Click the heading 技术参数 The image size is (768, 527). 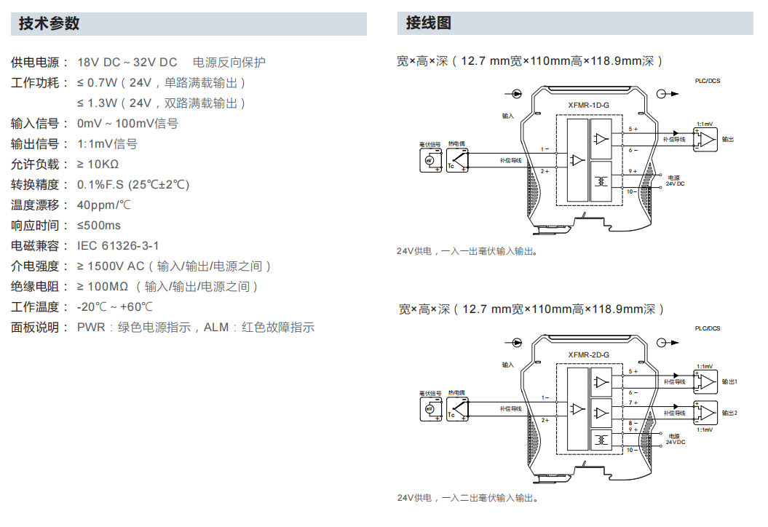[49, 23]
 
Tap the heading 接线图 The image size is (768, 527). [428, 23]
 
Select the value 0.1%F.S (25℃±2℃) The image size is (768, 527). [133, 185]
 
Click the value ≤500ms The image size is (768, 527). [99, 226]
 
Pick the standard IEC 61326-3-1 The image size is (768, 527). [118, 246]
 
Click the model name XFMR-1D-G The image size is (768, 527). [588, 106]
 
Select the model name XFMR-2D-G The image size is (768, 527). [588, 354]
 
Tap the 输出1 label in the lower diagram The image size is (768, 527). [729, 381]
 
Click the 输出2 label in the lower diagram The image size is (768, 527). [729, 413]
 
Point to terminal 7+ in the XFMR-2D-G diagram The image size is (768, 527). [633, 402]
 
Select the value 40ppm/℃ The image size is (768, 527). [104, 205]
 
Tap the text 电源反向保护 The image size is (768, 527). [229, 63]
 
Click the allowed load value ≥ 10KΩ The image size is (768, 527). [98, 165]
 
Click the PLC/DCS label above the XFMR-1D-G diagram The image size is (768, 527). [708, 81]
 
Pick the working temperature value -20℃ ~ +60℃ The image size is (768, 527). [115, 307]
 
